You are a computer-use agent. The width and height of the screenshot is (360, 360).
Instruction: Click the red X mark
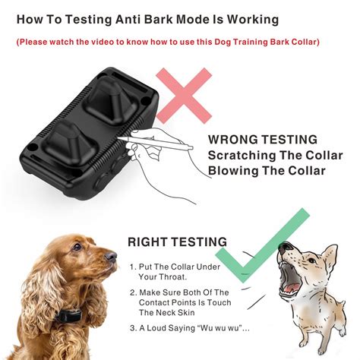pos(184,96)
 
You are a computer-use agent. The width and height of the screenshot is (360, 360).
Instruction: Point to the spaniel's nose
pos(111,256)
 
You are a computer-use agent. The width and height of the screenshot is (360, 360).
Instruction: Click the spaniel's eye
pos(77,246)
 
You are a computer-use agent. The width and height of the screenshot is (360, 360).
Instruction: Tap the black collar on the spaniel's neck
pos(68,316)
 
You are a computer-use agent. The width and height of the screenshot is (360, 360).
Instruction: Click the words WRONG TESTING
pos(263,140)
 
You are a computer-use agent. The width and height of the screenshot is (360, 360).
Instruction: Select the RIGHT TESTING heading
pos(177,242)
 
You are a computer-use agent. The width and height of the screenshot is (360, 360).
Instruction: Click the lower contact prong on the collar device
pos(71,144)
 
